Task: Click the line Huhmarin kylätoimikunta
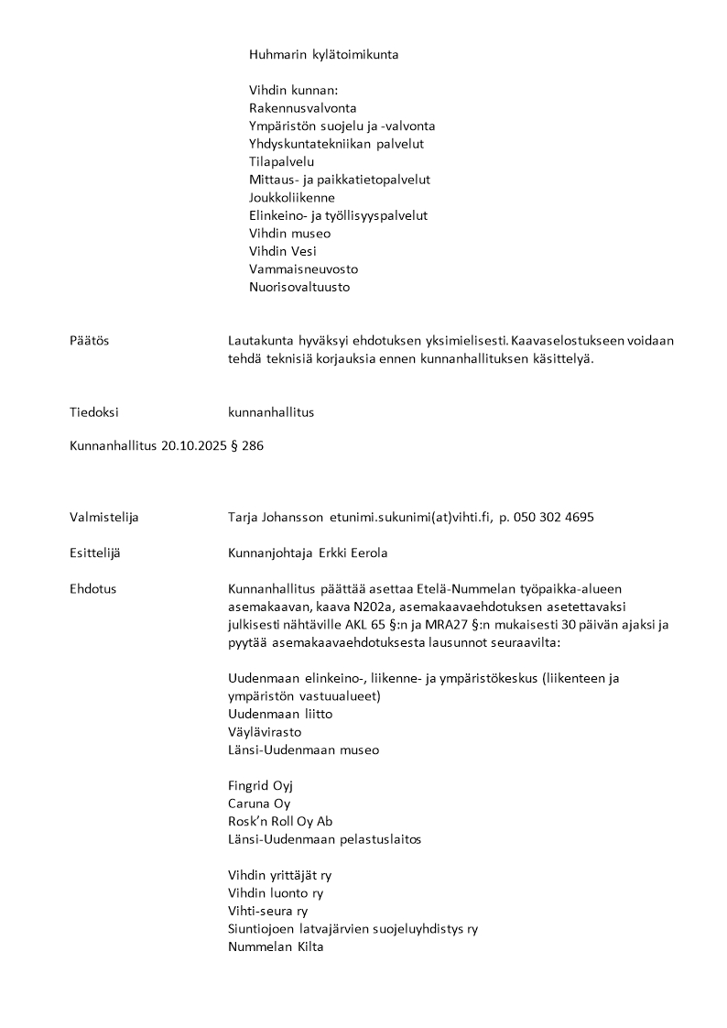[x=323, y=55]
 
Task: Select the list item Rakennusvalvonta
[x=302, y=108]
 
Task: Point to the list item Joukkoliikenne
[x=291, y=197]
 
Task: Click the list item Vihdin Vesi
[x=283, y=251]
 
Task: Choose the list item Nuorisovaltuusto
[x=298, y=287]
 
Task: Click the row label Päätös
[x=89, y=341]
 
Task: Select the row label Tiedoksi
[x=93, y=412]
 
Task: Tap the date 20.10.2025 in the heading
[x=191, y=447]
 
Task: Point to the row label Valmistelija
[x=103, y=518]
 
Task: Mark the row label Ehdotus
[x=92, y=589]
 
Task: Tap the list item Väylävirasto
[x=264, y=732]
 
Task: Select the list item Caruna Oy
[x=258, y=804]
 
